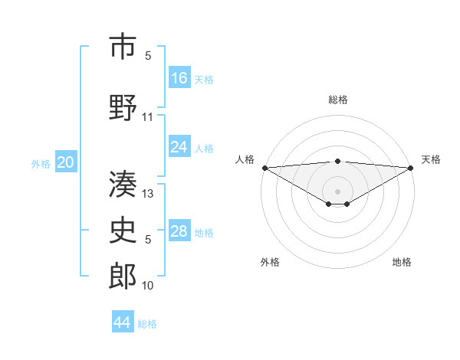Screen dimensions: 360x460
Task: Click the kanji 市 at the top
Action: (123, 47)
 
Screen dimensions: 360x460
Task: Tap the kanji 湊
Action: (123, 184)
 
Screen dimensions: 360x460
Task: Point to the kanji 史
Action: (123, 231)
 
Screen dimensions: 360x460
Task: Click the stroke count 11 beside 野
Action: (148, 117)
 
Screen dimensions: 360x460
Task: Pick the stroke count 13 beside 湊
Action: (148, 195)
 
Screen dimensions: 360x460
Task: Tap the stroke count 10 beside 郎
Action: (148, 286)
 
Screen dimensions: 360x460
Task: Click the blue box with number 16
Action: (179, 77)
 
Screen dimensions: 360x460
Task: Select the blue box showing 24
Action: (179, 147)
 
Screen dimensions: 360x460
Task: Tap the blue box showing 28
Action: (179, 231)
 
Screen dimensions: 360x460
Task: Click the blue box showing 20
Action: (66, 162)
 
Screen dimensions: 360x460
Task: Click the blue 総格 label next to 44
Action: (147, 324)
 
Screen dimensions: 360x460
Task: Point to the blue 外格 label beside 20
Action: (41, 163)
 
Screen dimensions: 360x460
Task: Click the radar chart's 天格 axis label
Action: (431, 159)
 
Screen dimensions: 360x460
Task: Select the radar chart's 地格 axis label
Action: (402, 262)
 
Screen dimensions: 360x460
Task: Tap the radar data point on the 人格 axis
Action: (264, 168)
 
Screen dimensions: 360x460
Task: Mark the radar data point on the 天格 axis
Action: (411, 168)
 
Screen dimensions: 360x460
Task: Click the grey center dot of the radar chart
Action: (337, 190)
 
